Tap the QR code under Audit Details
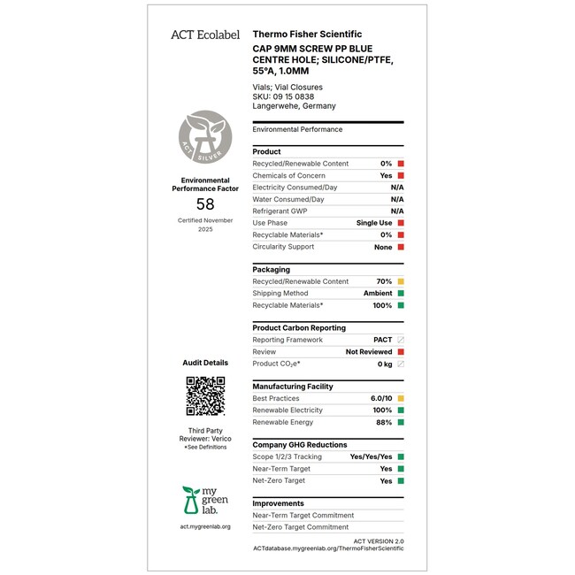click(x=205, y=395)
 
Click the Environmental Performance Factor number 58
click(x=205, y=204)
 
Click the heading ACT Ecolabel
click(x=204, y=34)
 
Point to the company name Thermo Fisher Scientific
click(x=307, y=34)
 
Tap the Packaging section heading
click(x=271, y=270)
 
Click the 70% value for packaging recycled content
click(x=384, y=281)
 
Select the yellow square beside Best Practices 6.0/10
click(x=401, y=399)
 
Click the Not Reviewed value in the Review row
click(x=369, y=352)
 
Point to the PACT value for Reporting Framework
click(x=382, y=340)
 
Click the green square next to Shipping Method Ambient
click(x=401, y=294)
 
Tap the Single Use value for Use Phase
click(x=373, y=223)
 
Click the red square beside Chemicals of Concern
click(x=401, y=176)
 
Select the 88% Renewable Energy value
click(x=384, y=423)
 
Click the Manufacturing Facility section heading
click(x=293, y=387)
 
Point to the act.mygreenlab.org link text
click(x=204, y=527)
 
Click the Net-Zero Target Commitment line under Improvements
click(x=301, y=527)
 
